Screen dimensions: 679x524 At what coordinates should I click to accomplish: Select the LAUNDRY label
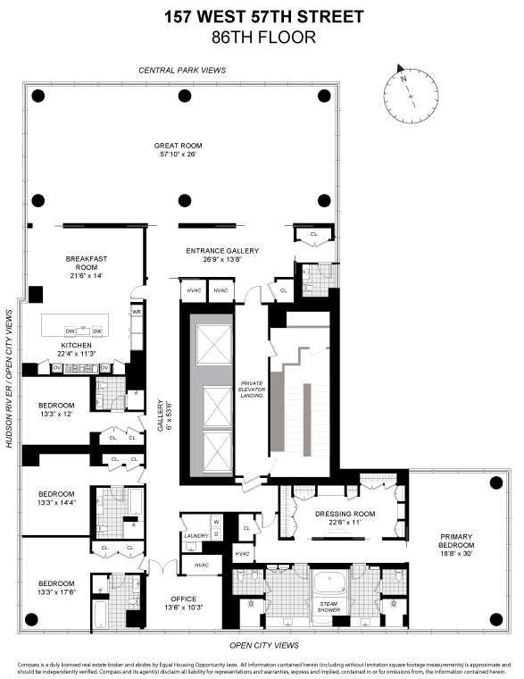196,535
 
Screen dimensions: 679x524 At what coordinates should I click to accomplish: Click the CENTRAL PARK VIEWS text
182,70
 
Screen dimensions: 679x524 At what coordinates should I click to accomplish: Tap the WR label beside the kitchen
137,312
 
